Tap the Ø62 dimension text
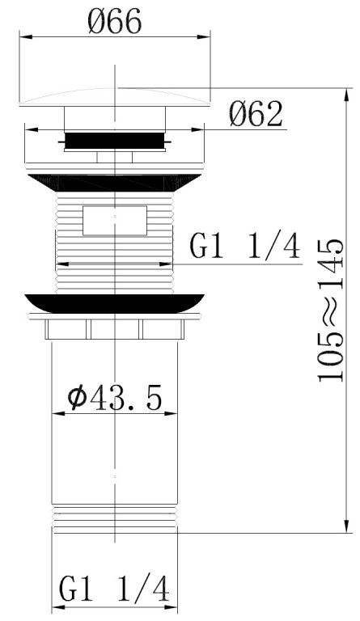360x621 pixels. (x=256, y=114)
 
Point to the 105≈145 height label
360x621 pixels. (x=331, y=310)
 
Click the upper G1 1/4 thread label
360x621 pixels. (x=244, y=246)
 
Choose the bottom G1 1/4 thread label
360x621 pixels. (x=114, y=589)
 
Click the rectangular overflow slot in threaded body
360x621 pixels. (x=115, y=221)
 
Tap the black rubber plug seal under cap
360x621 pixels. (x=115, y=141)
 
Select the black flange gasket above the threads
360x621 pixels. (x=115, y=183)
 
